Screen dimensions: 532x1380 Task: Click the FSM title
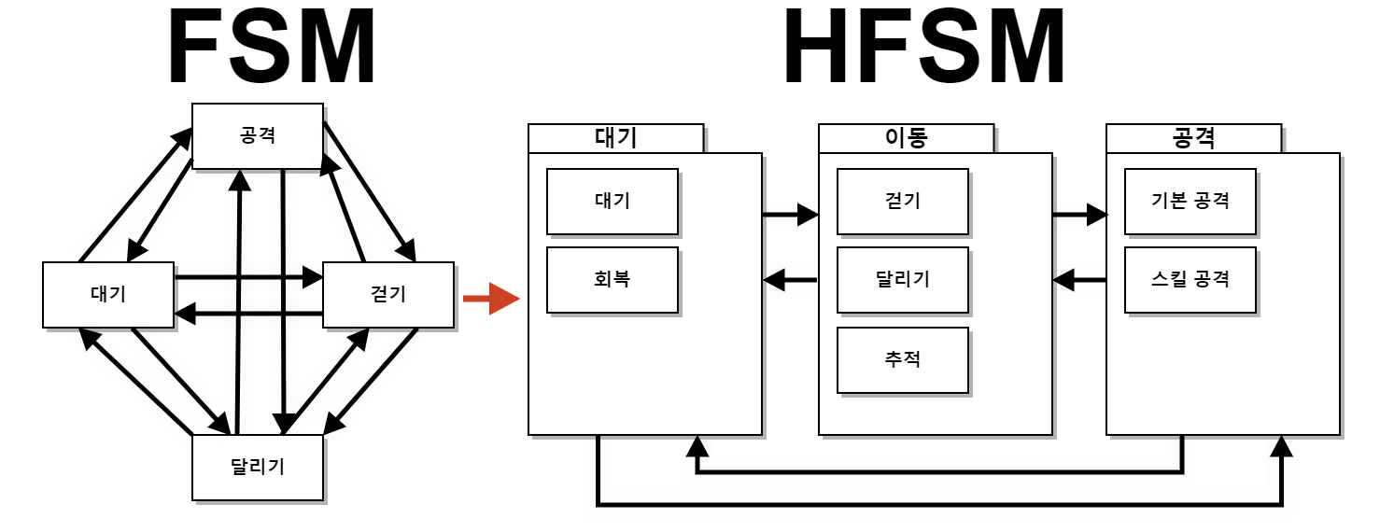(272, 49)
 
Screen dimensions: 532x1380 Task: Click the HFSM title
(924, 49)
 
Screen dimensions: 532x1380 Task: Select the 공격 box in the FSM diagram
(257, 135)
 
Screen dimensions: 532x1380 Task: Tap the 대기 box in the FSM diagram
(108, 295)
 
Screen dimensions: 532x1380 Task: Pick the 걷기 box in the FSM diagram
(388, 295)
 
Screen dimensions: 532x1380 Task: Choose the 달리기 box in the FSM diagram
(257, 468)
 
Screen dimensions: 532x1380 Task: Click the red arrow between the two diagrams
(490, 299)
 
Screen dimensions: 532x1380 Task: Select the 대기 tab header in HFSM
(615, 138)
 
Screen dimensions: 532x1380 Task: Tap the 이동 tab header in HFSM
(906, 138)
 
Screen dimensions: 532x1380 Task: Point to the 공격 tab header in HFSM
(1193, 138)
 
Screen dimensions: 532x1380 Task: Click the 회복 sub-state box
(612, 279)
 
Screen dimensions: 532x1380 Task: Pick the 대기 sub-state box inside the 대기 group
(612, 201)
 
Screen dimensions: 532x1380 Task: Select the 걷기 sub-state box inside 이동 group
(902, 201)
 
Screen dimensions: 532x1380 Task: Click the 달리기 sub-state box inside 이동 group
(902, 279)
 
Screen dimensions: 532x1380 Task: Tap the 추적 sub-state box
(902, 359)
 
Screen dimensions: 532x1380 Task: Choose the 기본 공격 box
(1190, 201)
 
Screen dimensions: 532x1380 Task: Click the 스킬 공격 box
(1190, 279)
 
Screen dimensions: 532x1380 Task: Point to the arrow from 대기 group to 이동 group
(790, 216)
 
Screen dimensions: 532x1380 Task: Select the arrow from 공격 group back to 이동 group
(1079, 279)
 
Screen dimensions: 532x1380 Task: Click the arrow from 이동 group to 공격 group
(1079, 216)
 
